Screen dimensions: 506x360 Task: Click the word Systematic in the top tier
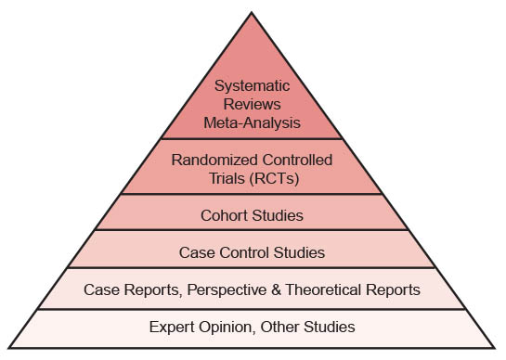click(252, 86)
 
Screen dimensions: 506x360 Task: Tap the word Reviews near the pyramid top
click(252, 104)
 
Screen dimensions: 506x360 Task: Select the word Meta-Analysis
click(252, 122)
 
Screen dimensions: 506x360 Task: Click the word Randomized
click(214, 160)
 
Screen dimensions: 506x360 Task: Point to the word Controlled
click(297, 160)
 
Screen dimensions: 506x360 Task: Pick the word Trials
click(227, 178)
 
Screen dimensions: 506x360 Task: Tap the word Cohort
click(224, 215)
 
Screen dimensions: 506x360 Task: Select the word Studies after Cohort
click(278, 215)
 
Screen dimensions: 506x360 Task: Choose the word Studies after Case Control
click(299, 252)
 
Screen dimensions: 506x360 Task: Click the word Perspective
click(227, 289)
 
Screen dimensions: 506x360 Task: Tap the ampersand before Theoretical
click(277, 289)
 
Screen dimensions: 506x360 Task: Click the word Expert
click(172, 327)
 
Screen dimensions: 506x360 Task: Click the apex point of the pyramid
click(252, 12)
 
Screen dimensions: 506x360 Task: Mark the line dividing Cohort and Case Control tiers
click(252, 230)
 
